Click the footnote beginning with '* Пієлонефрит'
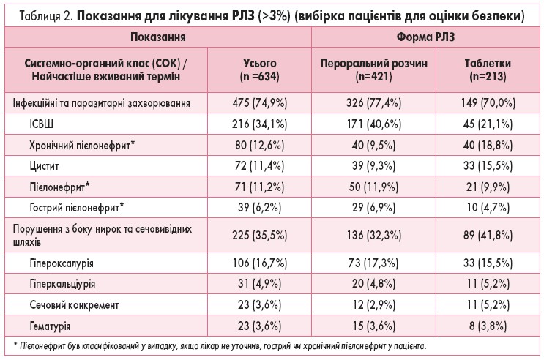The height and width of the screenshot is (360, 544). (220, 345)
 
